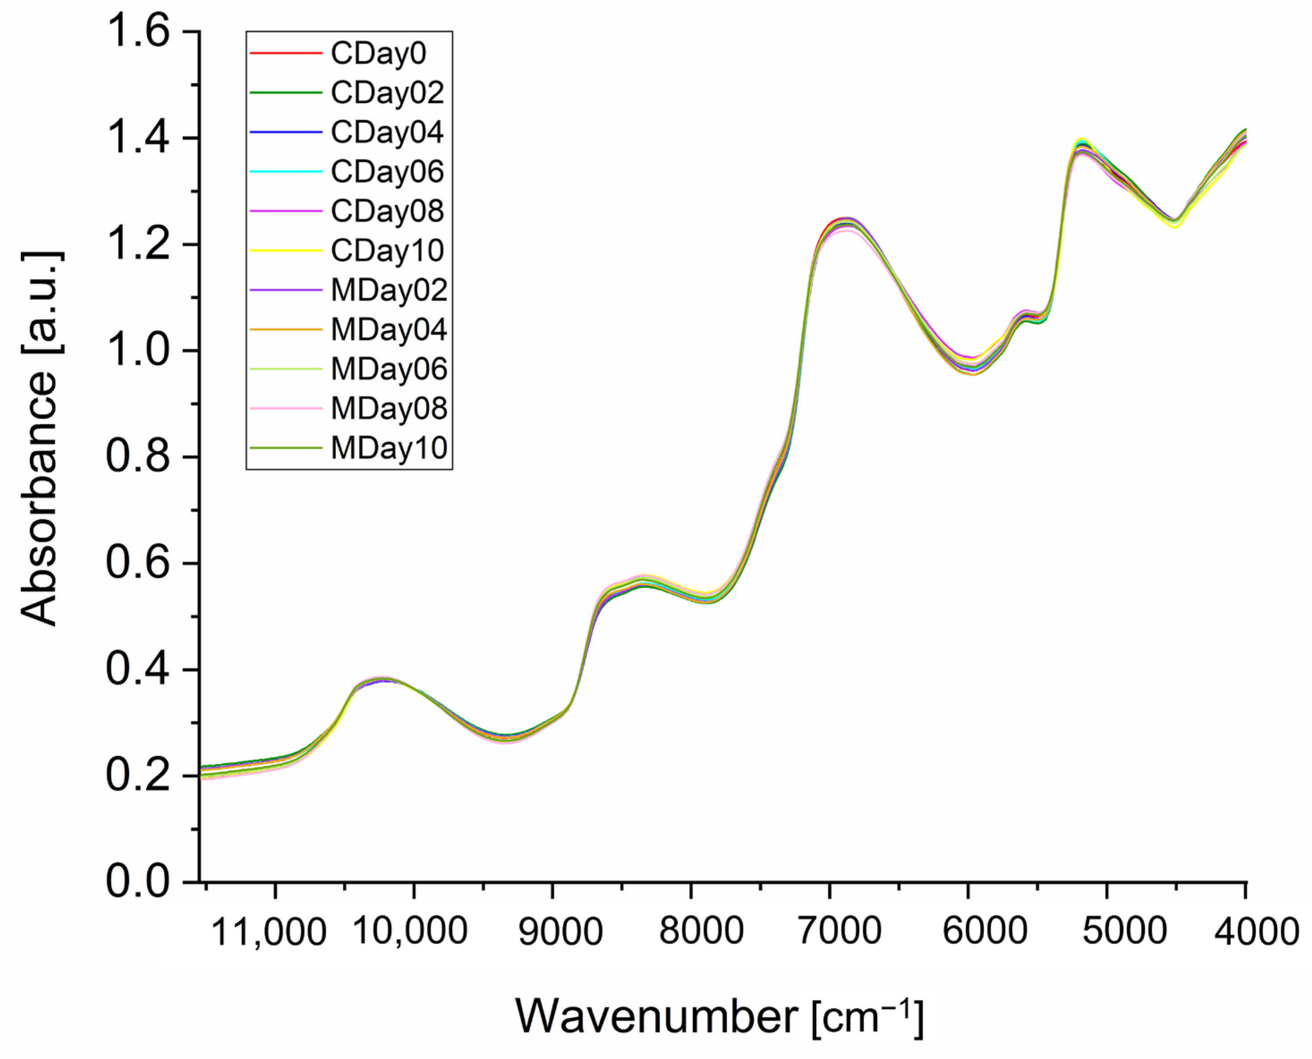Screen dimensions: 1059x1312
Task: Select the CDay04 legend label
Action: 387,132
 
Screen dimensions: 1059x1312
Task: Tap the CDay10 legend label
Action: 387,251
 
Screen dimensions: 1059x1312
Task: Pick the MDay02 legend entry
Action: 389,290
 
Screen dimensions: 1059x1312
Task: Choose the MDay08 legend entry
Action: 389,409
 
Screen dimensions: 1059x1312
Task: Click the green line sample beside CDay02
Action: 285,93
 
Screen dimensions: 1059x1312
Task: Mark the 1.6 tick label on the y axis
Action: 137,31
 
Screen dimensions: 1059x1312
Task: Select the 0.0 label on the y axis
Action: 137,882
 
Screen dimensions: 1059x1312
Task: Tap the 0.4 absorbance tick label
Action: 137,670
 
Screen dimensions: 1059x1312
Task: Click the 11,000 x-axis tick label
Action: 268,932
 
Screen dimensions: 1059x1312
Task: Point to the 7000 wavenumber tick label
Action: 839,931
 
